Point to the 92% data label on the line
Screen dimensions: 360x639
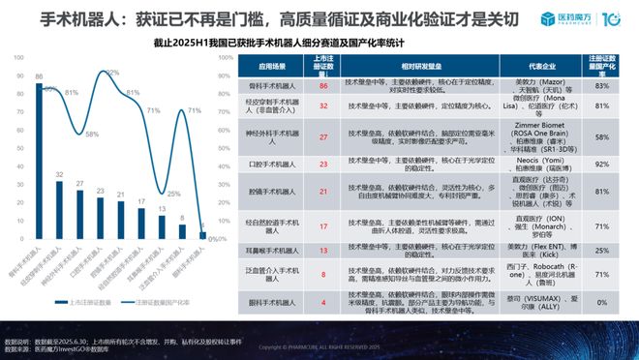(112, 73)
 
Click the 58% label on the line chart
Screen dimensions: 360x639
(90, 134)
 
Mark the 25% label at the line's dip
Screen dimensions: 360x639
(175, 194)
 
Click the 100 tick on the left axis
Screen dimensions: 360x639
(20, 59)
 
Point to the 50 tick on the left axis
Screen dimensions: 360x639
(21, 146)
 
